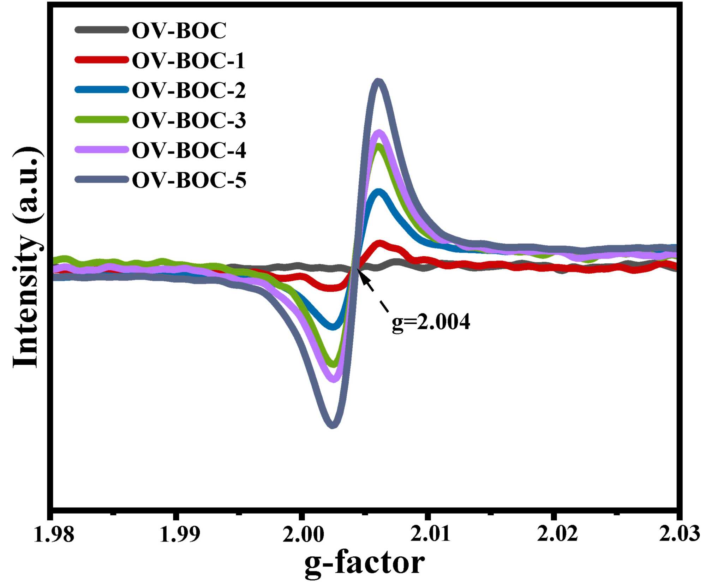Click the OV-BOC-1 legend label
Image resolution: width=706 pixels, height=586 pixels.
(x=189, y=60)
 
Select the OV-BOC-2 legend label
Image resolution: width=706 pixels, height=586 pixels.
(x=189, y=90)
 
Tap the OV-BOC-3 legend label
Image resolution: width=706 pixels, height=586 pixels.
(x=189, y=120)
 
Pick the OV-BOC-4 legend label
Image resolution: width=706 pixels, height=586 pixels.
(x=189, y=150)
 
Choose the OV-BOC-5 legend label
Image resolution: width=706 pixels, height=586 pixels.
(x=189, y=180)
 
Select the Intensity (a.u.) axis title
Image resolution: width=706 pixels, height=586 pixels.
(x=26, y=258)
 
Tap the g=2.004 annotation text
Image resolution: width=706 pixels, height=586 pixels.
(x=431, y=322)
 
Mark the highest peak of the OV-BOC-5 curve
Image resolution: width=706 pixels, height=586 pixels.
(x=378, y=82)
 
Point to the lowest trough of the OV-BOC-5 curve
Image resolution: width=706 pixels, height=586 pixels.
(x=332, y=425)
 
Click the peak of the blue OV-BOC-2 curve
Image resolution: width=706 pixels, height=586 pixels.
(x=379, y=193)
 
